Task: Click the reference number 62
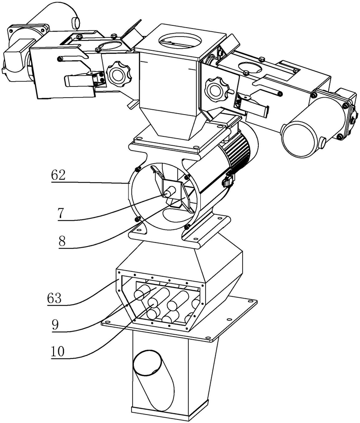58,175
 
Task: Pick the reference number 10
58,351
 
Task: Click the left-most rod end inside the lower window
141,295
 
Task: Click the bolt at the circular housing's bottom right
187,227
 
